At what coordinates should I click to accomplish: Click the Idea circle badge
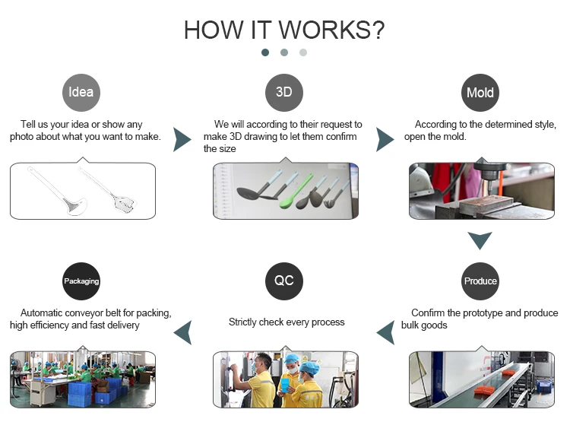coord(81,93)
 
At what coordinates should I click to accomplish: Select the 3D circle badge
coord(283,93)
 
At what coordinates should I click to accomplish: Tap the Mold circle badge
coord(480,93)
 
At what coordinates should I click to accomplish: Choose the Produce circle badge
coord(480,281)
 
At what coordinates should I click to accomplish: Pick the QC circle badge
coord(283,281)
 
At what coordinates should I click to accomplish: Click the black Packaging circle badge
coord(81,281)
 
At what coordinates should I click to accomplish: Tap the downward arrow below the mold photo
coord(480,241)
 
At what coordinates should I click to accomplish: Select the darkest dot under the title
coord(265,52)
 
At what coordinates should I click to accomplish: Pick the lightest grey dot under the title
coord(303,52)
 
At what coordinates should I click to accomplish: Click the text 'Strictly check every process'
coord(287,322)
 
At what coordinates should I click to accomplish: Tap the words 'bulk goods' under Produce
coord(424,325)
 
